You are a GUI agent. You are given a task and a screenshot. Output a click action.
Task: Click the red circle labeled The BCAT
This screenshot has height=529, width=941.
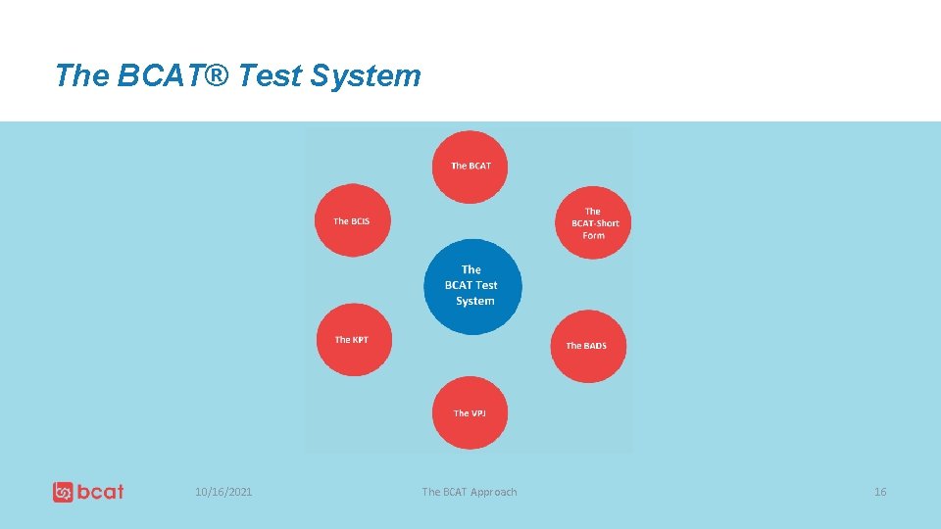(x=470, y=167)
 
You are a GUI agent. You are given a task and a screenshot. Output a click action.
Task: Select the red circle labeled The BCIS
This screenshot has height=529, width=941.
(x=352, y=220)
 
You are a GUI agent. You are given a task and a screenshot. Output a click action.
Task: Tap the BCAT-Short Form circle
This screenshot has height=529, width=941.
(x=593, y=223)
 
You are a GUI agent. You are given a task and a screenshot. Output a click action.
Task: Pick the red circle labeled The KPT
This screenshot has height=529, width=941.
(x=352, y=339)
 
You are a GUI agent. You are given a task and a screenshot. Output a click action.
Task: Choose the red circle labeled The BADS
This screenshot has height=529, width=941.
(x=587, y=346)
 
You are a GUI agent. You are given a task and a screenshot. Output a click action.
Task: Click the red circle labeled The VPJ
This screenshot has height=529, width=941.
(x=470, y=412)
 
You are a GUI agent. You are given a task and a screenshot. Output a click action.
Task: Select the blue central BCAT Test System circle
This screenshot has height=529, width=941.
(x=472, y=286)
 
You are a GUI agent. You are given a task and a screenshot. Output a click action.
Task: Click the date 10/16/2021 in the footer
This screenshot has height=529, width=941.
(x=223, y=492)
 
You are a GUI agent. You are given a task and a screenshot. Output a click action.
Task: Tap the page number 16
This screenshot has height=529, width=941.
(x=879, y=492)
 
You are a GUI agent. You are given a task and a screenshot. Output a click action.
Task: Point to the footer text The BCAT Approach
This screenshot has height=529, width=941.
(x=469, y=492)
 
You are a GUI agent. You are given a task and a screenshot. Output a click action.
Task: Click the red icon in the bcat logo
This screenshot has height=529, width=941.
(x=64, y=492)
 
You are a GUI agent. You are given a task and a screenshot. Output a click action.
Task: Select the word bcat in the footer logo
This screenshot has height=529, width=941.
(x=101, y=492)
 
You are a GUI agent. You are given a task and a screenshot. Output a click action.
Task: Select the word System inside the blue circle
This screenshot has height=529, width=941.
(x=475, y=302)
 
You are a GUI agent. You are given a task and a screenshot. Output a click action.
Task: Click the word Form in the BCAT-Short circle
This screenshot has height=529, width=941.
(x=594, y=236)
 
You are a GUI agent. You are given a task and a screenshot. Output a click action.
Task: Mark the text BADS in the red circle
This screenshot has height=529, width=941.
(x=595, y=346)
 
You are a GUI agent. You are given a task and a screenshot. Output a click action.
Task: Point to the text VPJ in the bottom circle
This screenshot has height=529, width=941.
(x=476, y=413)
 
